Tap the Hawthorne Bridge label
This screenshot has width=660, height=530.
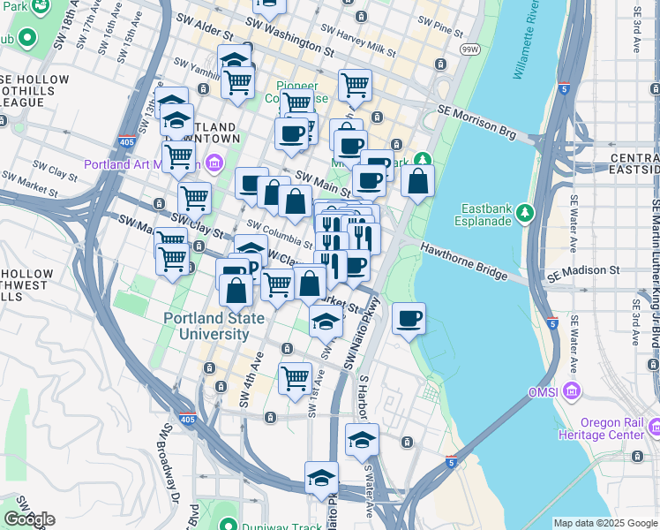[463, 262]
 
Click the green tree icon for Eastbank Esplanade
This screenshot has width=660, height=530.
[526, 212]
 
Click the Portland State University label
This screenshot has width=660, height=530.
[206, 326]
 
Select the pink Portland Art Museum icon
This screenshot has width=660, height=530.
[214, 163]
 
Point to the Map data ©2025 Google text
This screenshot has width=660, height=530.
[604, 523]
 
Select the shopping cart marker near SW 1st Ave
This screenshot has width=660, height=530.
[296, 377]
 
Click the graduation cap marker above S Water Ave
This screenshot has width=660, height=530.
[362, 439]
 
